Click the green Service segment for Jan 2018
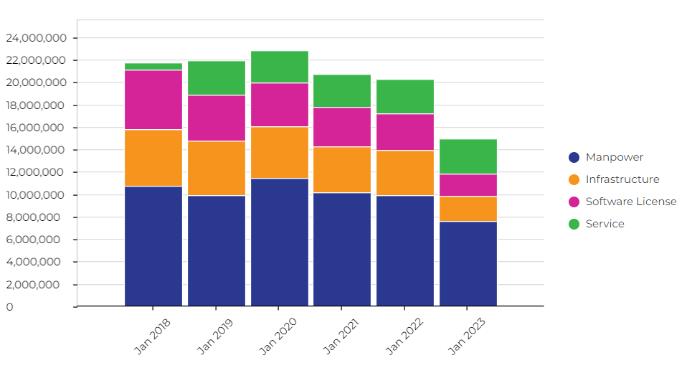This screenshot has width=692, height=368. pos(153,67)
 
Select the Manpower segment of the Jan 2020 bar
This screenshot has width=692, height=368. pos(280,242)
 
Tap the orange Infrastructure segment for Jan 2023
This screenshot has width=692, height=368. pos(468,209)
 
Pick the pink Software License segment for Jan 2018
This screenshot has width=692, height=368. pos(153,100)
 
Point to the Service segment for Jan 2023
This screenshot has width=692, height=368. pos(468,156)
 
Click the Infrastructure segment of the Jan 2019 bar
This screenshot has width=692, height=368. pos(217,168)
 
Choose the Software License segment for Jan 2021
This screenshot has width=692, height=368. pos(342,127)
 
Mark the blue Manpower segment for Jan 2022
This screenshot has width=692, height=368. pos(405,250)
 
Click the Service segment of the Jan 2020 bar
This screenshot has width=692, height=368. pos(280,67)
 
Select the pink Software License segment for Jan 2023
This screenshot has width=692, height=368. pos(468,185)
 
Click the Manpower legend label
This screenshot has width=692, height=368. pos(614,157)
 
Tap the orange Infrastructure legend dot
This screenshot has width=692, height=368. pos(574,179)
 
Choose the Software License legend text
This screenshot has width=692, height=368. pos(630,202)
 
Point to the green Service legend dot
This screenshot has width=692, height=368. pos(574,224)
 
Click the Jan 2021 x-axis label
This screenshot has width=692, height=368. pos(341,336)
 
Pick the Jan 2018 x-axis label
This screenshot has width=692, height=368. pos(152,336)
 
